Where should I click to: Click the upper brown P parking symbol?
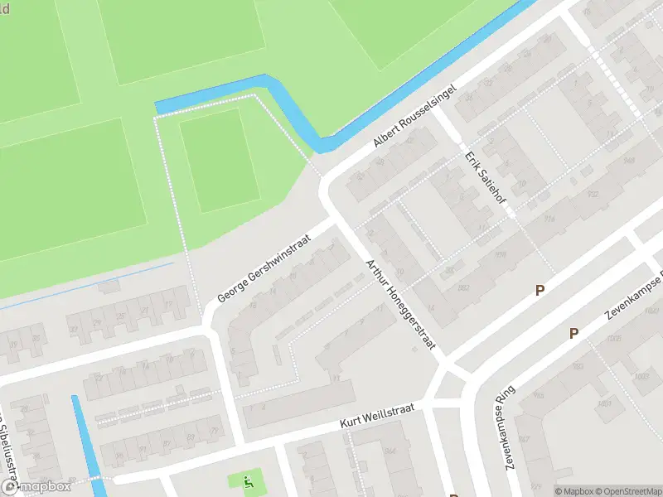click(x=540, y=290)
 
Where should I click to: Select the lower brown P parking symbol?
click(x=573, y=333)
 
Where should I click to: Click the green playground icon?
click(x=247, y=480)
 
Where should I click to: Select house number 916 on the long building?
click(x=548, y=220)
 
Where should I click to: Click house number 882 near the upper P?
click(x=464, y=288)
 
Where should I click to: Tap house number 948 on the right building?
click(x=630, y=160)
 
